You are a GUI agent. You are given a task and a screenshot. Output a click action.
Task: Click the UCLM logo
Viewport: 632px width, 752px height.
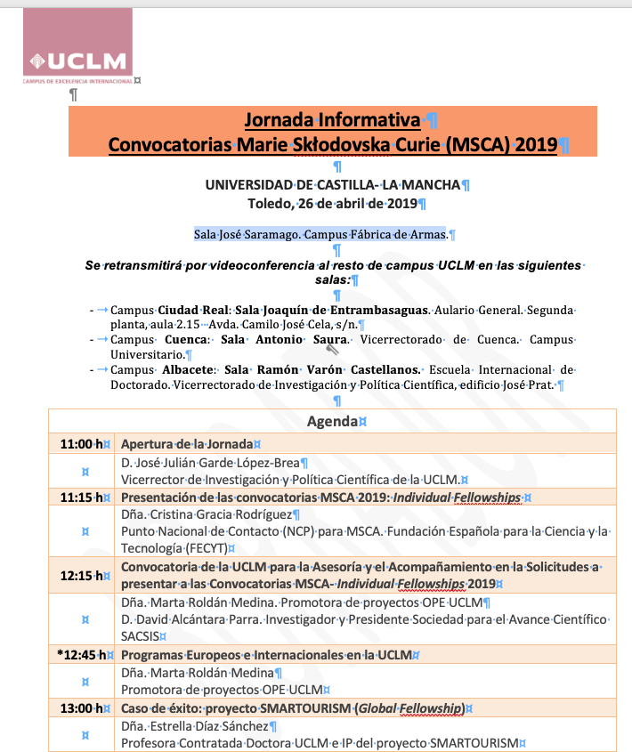click(x=78, y=49)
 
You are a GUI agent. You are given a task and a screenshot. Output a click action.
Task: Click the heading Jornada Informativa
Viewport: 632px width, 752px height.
click(x=332, y=120)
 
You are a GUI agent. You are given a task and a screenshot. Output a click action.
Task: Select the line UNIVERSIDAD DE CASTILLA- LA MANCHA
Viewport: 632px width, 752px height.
click(x=332, y=185)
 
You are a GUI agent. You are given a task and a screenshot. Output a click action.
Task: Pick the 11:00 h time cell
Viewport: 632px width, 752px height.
click(x=81, y=443)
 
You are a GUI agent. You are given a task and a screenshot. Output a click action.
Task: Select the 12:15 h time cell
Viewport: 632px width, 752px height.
click(x=81, y=575)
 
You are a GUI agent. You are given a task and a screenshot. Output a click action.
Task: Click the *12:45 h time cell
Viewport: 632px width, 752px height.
click(x=81, y=655)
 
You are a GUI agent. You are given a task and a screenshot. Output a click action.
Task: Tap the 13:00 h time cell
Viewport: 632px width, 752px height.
click(x=81, y=708)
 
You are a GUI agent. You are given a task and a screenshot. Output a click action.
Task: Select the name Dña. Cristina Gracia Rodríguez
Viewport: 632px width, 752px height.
click(x=206, y=515)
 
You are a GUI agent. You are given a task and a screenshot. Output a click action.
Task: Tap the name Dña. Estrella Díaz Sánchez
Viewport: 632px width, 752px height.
click(x=196, y=727)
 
